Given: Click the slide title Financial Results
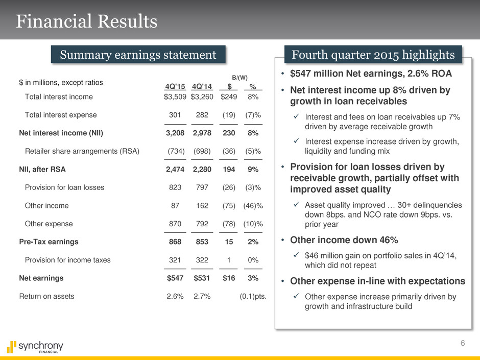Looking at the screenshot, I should point(86,22).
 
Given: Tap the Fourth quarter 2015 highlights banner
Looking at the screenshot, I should point(373,54).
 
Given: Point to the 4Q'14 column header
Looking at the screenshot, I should point(202,86).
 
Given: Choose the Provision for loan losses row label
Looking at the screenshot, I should point(64,187).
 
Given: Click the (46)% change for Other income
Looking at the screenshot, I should point(253,205).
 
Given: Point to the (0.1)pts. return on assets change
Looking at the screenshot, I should point(253,296).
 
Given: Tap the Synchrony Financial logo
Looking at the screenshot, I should point(35,347).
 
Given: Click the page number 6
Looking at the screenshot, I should point(462,344).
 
